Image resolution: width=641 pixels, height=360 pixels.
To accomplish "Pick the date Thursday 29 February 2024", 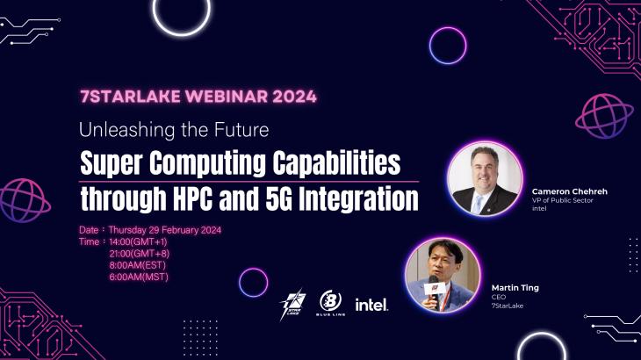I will click(164, 229).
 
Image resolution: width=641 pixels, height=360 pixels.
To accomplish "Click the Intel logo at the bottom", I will click(371, 305).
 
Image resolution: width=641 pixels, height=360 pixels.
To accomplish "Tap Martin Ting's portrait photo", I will click(443, 274).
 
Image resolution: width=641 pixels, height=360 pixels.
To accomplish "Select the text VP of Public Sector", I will click(563, 200).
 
